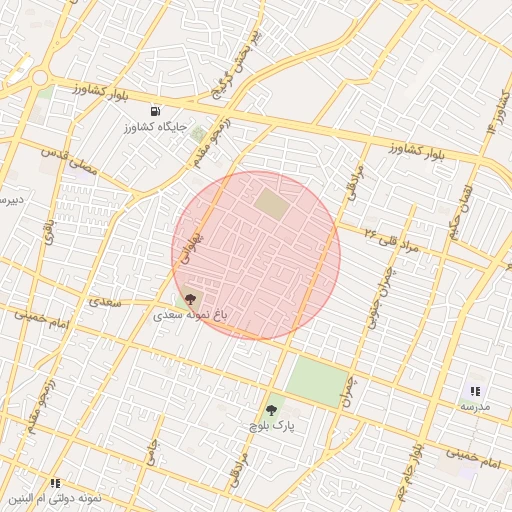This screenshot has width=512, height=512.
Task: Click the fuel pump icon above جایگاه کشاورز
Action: click(154, 111)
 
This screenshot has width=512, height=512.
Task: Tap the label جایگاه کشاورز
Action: click(154, 128)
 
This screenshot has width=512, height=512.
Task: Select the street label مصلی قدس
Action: click(70, 160)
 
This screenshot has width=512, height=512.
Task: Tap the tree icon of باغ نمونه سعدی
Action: click(190, 298)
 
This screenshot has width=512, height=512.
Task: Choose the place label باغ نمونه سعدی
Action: click(190, 314)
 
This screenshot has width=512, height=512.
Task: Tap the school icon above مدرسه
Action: click(475, 391)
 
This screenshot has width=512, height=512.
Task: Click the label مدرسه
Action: click(475, 407)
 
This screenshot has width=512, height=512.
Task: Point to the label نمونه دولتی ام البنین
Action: click(54, 498)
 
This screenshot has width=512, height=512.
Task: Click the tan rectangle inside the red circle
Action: click(271, 205)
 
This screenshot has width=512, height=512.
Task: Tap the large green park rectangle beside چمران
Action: click(317, 382)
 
